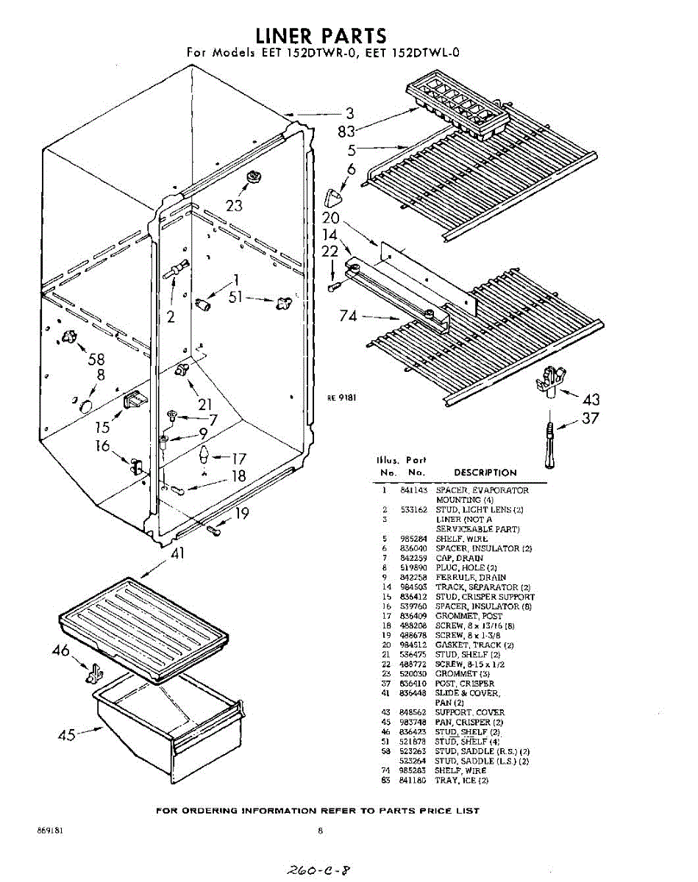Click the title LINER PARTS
pos(321,35)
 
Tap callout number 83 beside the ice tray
pos(346,132)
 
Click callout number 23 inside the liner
pos(234,206)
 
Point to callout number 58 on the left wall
pos(96,359)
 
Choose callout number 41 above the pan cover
pos(177,554)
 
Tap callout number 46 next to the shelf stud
pos(61,650)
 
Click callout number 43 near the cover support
pos(591,400)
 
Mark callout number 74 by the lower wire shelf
pos(349,316)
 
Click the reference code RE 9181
pos(342,398)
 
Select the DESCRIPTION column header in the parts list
pos(485,473)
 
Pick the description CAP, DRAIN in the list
pos(460,558)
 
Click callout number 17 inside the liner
pos(239,458)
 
